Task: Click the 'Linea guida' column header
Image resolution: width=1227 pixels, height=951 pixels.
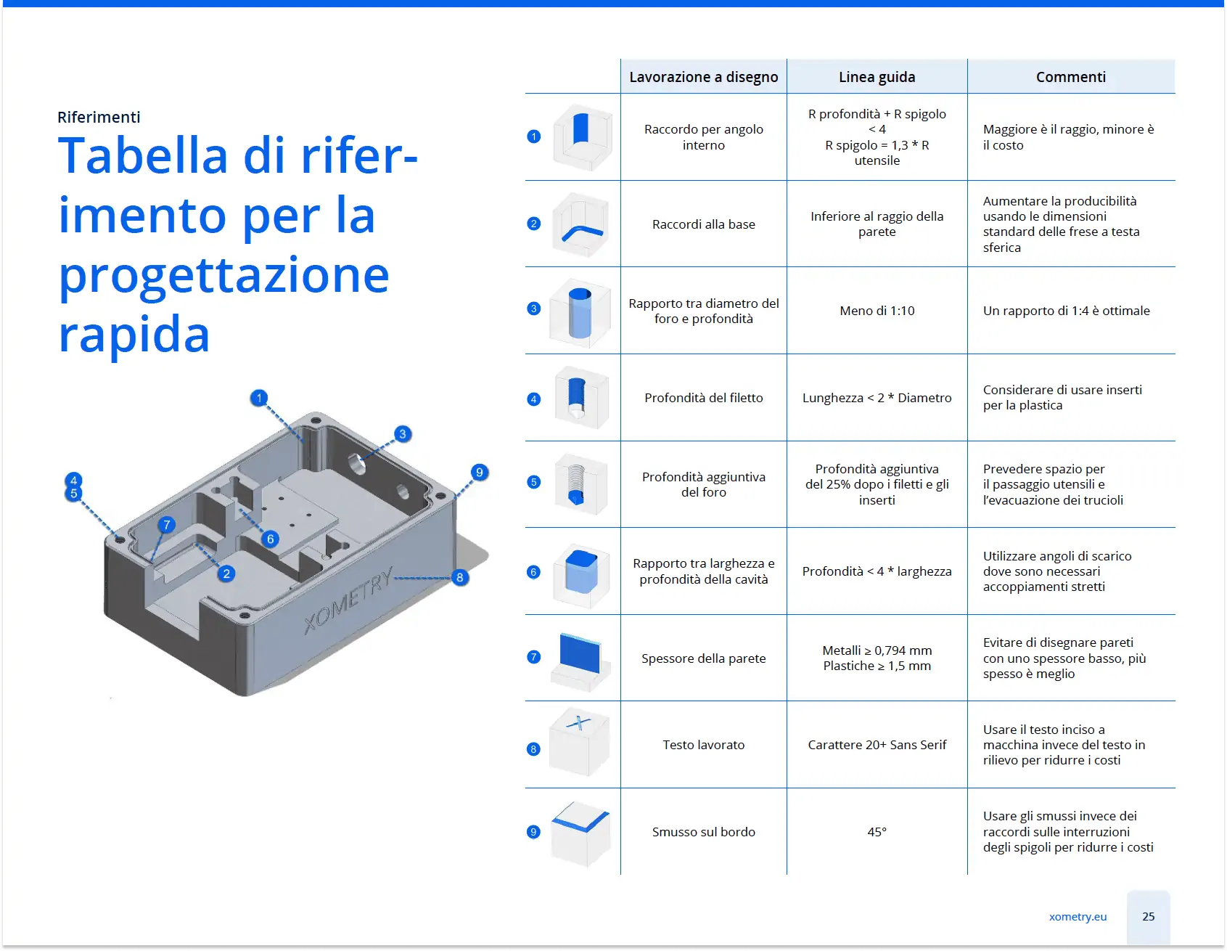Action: (877, 77)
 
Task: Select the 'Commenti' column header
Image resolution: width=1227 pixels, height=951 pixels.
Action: (1071, 77)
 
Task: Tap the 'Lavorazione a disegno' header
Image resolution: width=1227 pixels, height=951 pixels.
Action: (703, 77)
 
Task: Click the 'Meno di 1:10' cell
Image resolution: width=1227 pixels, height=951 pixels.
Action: (877, 311)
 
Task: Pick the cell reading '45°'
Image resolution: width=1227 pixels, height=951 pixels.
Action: (877, 832)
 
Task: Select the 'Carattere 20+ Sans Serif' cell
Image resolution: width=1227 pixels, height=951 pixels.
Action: (877, 745)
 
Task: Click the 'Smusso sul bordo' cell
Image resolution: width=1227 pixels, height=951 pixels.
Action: (703, 832)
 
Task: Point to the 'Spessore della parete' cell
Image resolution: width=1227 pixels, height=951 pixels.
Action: (703, 658)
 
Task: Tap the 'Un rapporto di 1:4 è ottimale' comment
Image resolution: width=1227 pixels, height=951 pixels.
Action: (1066, 311)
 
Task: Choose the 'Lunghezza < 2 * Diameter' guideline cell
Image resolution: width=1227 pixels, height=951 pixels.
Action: (877, 398)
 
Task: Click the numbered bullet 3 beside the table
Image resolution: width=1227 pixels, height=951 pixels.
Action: (533, 309)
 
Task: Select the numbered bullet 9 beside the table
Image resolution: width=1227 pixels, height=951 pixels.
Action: (533, 831)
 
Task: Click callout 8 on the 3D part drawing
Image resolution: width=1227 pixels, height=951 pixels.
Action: (459, 578)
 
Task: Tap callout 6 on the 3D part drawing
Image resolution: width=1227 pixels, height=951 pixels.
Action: (270, 539)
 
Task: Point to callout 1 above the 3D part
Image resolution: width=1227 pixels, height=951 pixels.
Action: (259, 398)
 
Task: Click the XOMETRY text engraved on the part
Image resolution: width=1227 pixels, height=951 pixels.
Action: (348, 600)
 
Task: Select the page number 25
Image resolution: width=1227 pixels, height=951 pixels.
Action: (1148, 916)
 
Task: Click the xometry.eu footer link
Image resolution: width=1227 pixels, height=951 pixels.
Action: (1078, 916)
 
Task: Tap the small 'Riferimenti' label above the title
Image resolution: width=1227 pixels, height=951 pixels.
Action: (99, 117)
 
